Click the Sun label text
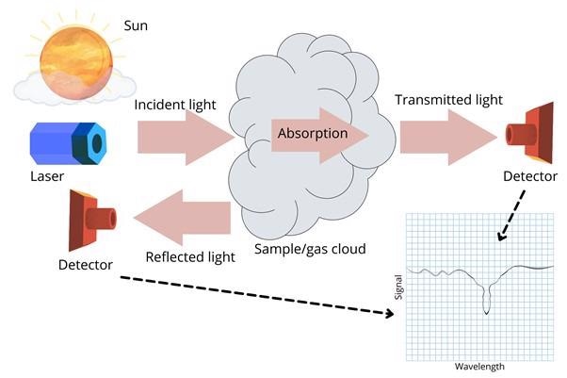coord(136,25)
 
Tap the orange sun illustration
coord(76,62)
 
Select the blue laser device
coord(69,143)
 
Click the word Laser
coord(47,176)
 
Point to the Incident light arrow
coord(186,138)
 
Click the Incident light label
coord(175,105)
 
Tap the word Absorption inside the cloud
coord(313,133)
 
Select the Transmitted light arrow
coord(449,138)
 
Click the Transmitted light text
coord(448,100)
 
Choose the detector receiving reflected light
coord(92,221)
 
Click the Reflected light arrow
coord(182,218)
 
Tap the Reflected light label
coord(190,257)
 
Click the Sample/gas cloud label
coord(310,249)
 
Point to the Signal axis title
coord(398,288)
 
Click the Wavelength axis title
coord(479,367)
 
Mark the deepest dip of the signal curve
coord(486,313)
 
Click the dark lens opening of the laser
coord(97,143)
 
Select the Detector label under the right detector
coord(530,176)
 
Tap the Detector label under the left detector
coord(86,265)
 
